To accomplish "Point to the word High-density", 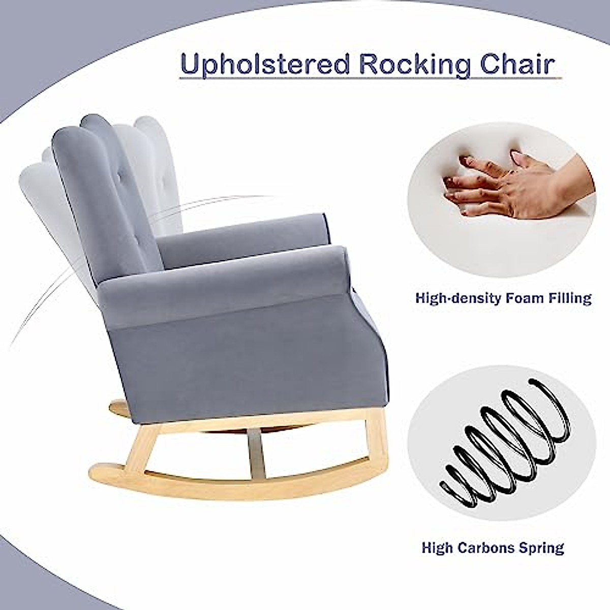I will click(x=457, y=298).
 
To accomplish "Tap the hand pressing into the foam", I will click(x=503, y=188).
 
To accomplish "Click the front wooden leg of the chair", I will click(x=375, y=437).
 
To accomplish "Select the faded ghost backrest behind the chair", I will click(x=147, y=152).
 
